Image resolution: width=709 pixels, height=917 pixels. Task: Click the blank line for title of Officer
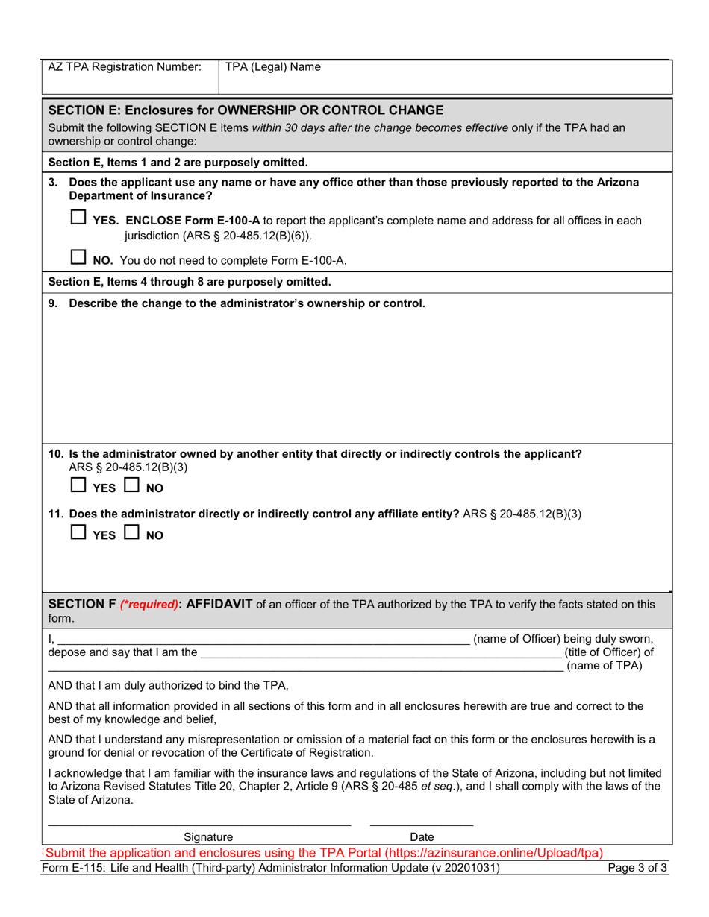click(381, 654)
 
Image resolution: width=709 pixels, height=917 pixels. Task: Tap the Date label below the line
click(422, 837)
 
